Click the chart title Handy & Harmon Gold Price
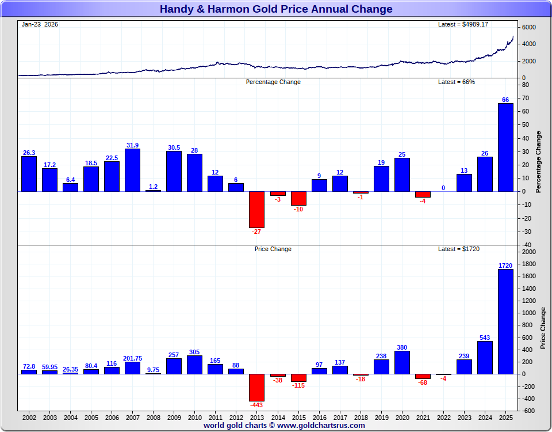(x=276, y=9)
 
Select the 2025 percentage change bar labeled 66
(x=505, y=147)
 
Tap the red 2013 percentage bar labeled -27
(x=256, y=209)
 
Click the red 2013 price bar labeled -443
(x=256, y=387)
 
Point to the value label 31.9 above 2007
(x=132, y=145)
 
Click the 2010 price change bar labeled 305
(x=194, y=365)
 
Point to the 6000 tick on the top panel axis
(x=529, y=28)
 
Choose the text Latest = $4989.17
(x=463, y=24)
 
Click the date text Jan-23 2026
(x=40, y=24)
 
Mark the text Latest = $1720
(x=459, y=249)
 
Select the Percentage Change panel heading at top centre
(x=273, y=82)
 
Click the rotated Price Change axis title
(x=543, y=328)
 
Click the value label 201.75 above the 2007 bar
(x=132, y=358)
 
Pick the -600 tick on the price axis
(x=528, y=411)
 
